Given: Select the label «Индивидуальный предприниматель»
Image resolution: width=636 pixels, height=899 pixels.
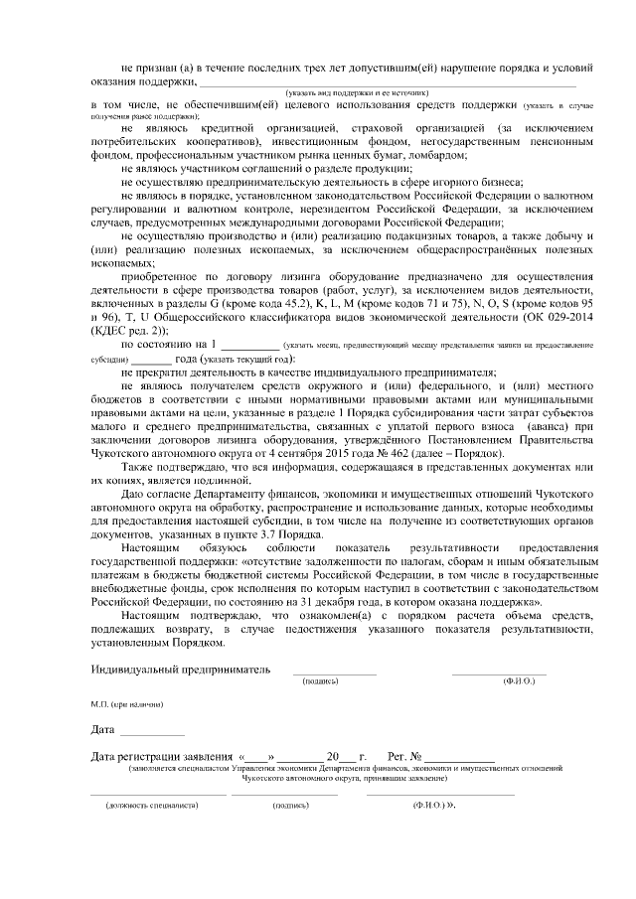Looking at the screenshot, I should pos(180,669).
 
